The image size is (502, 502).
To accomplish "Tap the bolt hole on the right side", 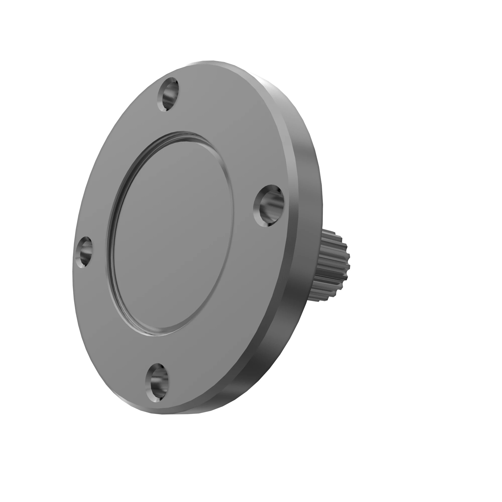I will coord(269,205).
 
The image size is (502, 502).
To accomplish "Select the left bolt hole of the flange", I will coord(84,252).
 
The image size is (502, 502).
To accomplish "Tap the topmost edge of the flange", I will coord(208,62).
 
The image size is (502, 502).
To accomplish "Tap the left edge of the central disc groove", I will coord(110,234).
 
